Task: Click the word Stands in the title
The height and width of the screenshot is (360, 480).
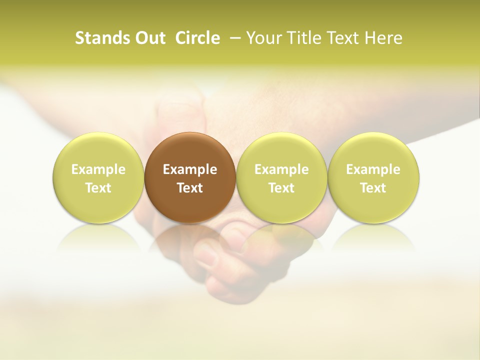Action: (x=99, y=38)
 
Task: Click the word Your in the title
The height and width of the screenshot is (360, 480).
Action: (x=263, y=38)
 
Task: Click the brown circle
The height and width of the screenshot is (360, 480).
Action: (x=190, y=178)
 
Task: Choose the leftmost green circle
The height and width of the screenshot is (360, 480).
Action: (x=98, y=178)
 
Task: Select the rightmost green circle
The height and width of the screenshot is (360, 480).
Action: (x=373, y=178)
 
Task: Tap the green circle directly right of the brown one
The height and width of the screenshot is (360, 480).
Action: (x=281, y=178)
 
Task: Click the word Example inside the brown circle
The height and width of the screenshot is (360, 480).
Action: (x=190, y=169)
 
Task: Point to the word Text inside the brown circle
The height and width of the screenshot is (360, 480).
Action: (x=190, y=188)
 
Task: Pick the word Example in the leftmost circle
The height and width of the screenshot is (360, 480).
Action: (x=98, y=169)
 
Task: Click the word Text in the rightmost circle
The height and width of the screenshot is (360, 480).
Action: (x=373, y=188)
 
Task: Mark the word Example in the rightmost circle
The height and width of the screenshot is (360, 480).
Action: (x=373, y=169)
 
